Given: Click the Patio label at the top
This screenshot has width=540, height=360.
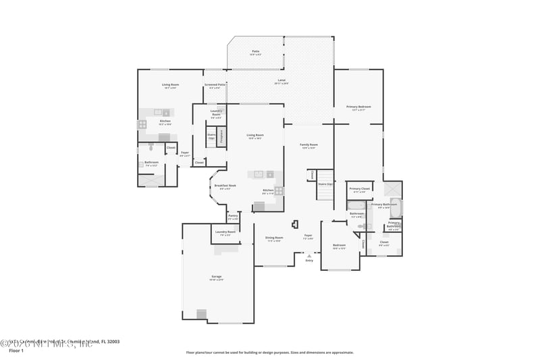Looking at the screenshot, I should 256,52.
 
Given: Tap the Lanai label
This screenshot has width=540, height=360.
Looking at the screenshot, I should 281,81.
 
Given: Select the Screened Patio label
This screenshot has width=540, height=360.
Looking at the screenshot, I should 215,86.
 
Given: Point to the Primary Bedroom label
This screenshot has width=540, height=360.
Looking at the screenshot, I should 358,107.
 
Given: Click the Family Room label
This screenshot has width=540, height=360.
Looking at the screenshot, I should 308,146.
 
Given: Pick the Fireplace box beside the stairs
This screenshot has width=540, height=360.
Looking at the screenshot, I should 220,136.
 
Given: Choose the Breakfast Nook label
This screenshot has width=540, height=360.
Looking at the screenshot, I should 225,186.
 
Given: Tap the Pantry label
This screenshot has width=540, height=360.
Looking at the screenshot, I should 233,217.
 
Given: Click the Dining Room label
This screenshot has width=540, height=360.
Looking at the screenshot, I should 274,238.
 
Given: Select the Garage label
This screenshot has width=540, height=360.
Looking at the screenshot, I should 216,278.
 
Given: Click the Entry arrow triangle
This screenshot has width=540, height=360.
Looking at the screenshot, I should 308,256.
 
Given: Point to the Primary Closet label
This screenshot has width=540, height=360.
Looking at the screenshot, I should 359,190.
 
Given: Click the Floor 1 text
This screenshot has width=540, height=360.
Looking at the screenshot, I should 16,351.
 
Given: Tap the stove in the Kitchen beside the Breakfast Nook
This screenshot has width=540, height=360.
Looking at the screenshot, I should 278,190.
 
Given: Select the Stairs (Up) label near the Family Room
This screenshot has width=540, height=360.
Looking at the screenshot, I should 325,184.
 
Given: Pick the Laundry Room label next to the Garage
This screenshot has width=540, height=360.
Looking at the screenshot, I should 225,233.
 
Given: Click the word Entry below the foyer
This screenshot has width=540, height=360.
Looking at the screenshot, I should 309,261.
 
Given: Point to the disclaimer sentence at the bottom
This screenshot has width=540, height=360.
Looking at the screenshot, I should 269,352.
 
